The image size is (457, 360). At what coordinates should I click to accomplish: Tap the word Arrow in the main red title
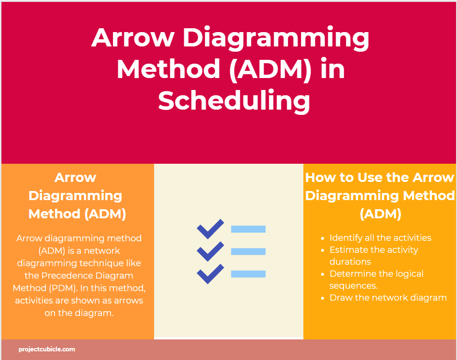(x=133, y=38)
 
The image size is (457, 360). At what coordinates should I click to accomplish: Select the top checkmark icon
(x=211, y=229)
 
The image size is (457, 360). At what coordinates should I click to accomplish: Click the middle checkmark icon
(x=211, y=251)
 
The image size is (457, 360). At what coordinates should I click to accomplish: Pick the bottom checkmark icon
(x=211, y=274)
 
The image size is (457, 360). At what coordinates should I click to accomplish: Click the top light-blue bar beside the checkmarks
(x=248, y=229)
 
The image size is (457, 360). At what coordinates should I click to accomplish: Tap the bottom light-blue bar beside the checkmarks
(x=248, y=274)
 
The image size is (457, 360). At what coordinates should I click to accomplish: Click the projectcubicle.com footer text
(x=47, y=349)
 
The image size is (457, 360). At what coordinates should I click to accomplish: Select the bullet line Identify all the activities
(x=380, y=238)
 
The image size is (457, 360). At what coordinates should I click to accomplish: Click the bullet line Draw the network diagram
(x=388, y=298)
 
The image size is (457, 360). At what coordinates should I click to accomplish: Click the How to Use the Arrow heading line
(x=379, y=178)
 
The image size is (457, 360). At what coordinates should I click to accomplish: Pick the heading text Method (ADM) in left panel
(x=77, y=214)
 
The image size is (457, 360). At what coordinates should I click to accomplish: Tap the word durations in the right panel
(x=350, y=262)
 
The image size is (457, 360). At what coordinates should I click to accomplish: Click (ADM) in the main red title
(x=269, y=70)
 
